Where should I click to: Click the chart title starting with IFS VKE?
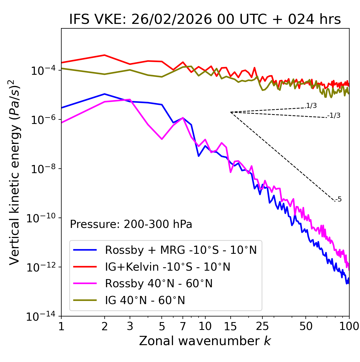[205, 20]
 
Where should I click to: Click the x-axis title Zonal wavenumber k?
[205, 341]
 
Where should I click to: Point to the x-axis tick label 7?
[183, 326]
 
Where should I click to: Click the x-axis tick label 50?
[306, 326]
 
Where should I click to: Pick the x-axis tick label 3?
[130, 326]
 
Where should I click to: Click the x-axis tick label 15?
[230, 326]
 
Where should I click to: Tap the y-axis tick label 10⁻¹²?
[41, 267]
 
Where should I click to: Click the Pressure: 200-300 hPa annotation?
[131, 224]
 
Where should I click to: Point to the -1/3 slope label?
[334, 116]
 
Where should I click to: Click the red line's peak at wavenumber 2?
[105, 55]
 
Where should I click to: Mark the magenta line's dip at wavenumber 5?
[162, 139]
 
